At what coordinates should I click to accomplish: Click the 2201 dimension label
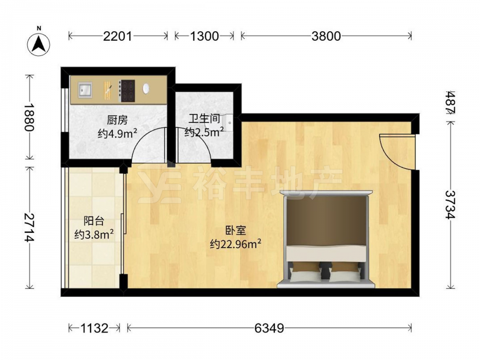pos(118,36)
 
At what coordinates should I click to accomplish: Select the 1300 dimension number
pos(204,36)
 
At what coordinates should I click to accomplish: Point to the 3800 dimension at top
pos(326,36)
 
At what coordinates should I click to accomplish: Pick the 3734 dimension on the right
pos(450,205)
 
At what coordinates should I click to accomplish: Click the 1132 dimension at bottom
pos(94,328)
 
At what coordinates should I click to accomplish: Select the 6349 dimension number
pos(269,328)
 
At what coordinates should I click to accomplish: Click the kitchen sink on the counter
pos(85,90)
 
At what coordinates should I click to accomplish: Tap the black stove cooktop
pos(127,91)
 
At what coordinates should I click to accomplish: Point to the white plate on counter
pos(146,89)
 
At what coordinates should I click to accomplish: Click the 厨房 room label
pos(117,120)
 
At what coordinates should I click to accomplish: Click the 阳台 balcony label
pos(94,221)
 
